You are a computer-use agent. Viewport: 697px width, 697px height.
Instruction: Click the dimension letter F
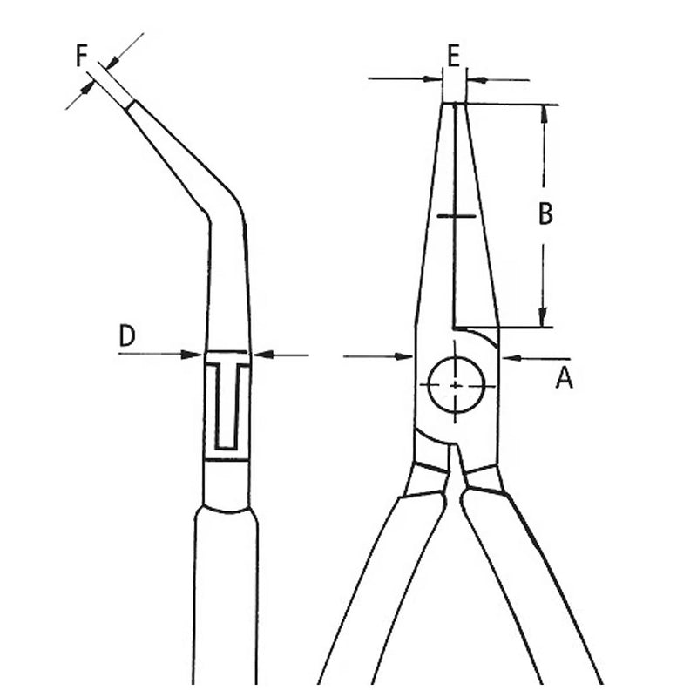[81, 57]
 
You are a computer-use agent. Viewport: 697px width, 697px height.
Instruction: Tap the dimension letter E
[453, 55]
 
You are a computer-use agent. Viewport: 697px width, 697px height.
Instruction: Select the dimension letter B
[545, 213]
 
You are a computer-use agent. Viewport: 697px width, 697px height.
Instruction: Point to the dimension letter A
[565, 377]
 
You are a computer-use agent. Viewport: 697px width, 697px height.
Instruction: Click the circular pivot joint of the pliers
[456, 385]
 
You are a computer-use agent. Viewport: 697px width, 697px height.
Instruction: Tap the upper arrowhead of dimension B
[544, 112]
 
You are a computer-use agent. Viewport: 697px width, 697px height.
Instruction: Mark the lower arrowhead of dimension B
[543, 319]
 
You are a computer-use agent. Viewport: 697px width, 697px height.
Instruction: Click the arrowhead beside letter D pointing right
[195, 354]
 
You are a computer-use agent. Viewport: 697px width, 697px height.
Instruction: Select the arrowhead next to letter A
[509, 357]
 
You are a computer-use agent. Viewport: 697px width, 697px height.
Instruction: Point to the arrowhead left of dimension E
[436, 79]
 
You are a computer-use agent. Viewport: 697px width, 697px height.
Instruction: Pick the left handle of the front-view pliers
[375, 584]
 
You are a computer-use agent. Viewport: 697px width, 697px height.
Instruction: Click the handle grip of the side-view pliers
[225, 601]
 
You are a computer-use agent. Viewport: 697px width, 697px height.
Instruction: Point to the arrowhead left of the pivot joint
[405, 355]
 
